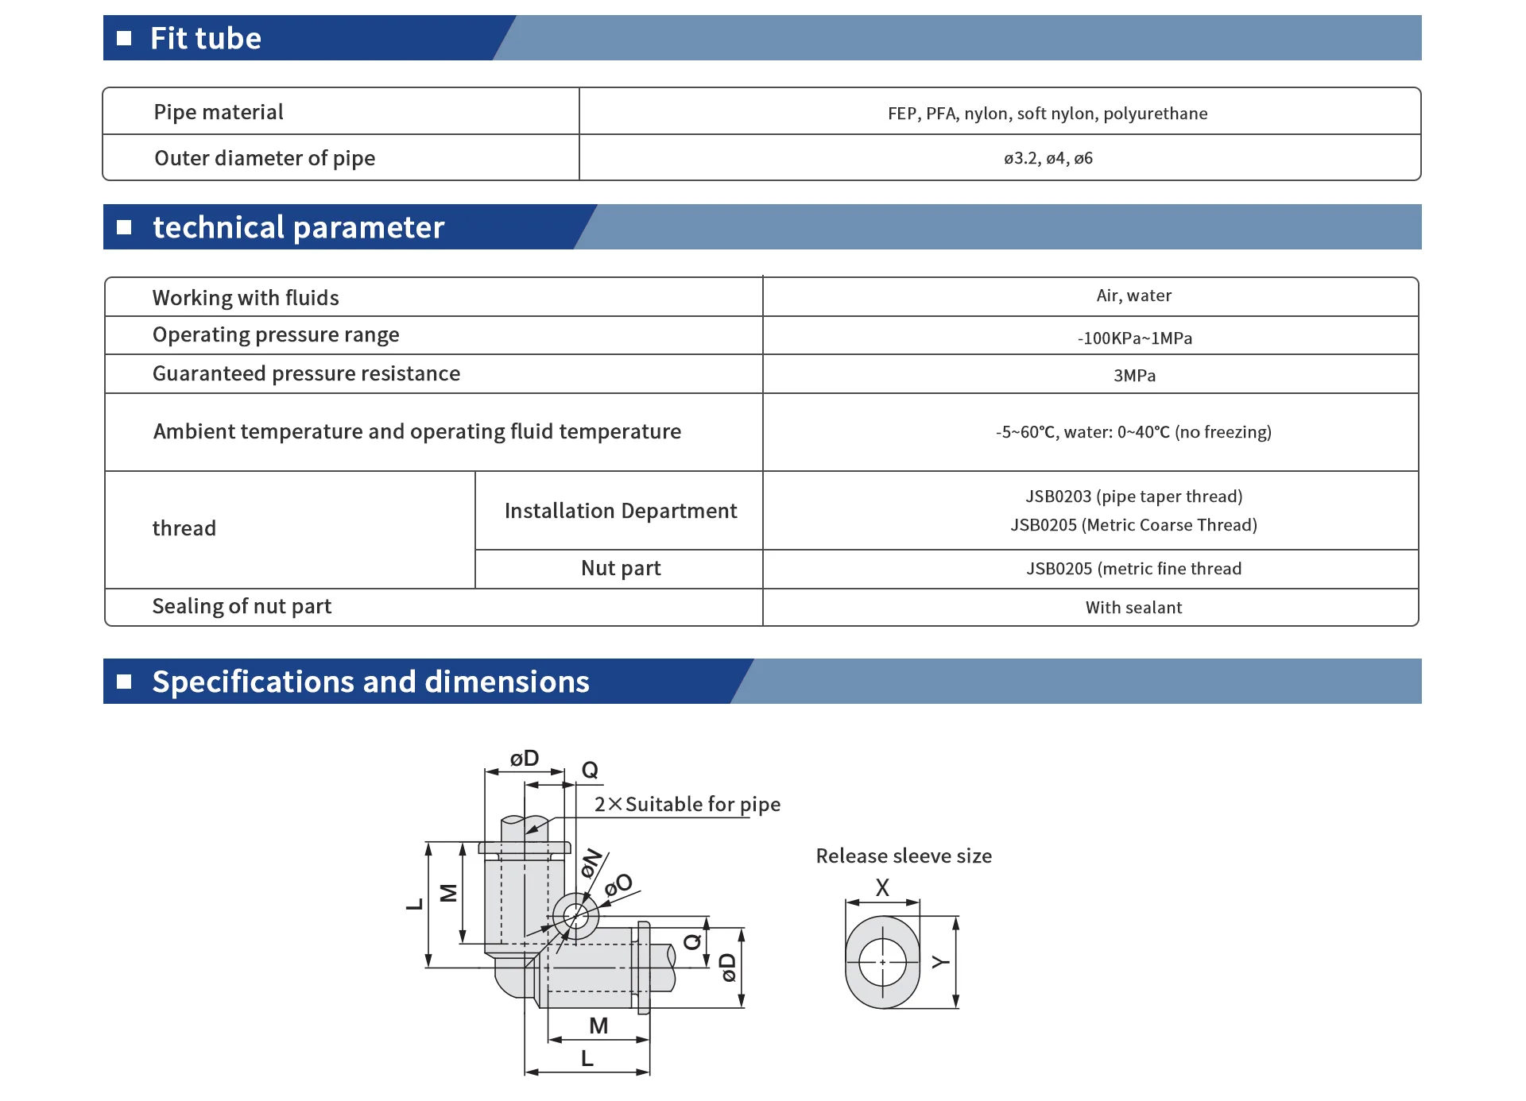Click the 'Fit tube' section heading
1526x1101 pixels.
205,38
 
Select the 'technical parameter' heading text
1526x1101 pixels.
298,227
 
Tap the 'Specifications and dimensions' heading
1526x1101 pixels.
370,682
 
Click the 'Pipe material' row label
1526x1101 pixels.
219,112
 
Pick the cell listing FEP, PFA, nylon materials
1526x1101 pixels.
1048,114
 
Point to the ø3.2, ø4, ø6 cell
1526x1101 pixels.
1048,158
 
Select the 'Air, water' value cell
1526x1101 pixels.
1133,296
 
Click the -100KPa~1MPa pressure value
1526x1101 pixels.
1134,338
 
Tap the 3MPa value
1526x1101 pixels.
1134,376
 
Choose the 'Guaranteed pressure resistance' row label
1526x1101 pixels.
306,373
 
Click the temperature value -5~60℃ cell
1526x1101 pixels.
1133,432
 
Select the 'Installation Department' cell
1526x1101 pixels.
621,511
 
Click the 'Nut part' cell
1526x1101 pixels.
621,568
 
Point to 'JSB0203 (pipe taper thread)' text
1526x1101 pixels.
1133,496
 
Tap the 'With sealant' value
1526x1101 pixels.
1133,608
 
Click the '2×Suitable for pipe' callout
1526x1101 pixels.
687,805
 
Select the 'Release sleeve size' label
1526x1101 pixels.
904,856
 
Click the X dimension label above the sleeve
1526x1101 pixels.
882,887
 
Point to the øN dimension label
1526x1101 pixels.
591,863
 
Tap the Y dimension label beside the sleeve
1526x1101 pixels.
940,962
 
